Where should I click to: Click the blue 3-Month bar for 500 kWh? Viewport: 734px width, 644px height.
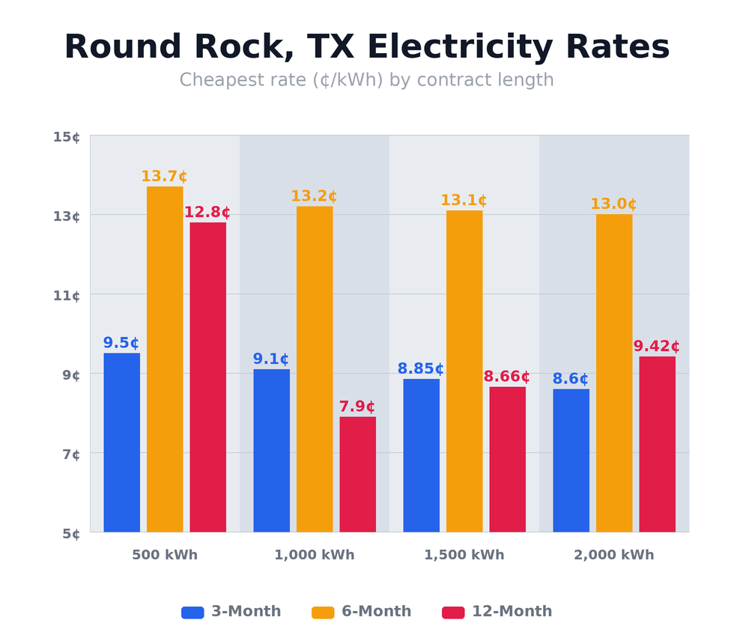pos(121,442)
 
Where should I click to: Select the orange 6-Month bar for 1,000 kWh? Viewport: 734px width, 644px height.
pos(315,368)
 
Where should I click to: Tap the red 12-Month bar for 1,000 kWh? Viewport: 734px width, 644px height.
pos(357,474)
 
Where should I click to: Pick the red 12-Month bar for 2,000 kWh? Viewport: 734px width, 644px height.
pos(657,444)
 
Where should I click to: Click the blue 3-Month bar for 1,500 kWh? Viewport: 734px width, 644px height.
pos(421,455)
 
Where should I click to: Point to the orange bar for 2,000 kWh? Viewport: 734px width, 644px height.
pos(614,373)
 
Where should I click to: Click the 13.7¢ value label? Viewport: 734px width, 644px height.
pos(164,177)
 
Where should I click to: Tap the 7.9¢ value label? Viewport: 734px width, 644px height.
pos(357,407)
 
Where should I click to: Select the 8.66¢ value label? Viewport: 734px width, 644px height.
pos(506,377)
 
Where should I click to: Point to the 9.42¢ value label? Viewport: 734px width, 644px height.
pos(656,347)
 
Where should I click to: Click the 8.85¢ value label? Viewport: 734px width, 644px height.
pos(420,369)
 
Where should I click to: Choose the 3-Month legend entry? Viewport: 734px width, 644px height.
pos(231,612)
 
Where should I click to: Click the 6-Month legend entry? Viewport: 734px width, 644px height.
pos(362,612)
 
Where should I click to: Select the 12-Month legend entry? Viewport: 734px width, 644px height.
pos(497,612)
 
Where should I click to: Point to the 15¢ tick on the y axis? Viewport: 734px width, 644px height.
pos(67,137)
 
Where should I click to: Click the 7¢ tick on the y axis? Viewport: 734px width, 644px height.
pos(67,455)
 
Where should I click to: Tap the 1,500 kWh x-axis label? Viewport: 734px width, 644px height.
pos(464,556)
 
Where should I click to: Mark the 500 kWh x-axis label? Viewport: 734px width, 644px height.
pos(165,556)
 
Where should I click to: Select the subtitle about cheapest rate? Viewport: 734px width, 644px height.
pos(367,80)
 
